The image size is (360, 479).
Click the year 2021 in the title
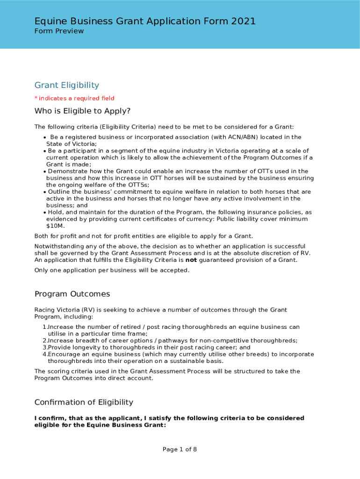tap(243, 21)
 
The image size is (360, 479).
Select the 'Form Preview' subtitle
tap(59, 31)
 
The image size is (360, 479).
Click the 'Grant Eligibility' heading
tap(67, 85)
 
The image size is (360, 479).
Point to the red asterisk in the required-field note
tap(36, 98)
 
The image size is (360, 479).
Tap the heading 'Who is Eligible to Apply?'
tap(82, 111)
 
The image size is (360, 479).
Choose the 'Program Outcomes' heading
tap(72, 294)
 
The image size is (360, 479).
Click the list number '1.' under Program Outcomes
tap(45, 327)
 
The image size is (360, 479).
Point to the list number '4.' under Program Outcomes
tap(45, 354)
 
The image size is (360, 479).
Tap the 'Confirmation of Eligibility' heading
tap(84, 402)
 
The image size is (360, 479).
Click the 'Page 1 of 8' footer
tap(180, 450)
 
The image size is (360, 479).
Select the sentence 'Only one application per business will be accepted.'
tap(112, 270)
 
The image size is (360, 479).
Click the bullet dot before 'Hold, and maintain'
tap(44, 212)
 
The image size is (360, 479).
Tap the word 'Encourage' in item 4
tap(63, 354)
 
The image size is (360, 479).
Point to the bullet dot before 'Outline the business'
tap(44, 192)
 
